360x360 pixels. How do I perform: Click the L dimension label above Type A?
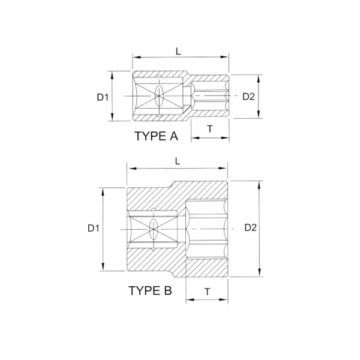[178, 52]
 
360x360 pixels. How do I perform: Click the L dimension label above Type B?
[178, 161]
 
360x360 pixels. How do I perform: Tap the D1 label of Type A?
[103, 97]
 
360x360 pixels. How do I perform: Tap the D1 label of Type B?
[94, 228]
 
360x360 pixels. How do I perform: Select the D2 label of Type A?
[248, 97]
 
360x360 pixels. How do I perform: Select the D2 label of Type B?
[250, 227]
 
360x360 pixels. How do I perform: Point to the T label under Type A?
[210, 129]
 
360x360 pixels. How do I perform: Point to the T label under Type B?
[208, 292]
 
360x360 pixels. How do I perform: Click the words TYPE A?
[157, 136]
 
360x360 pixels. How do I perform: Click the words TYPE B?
[150, 290]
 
